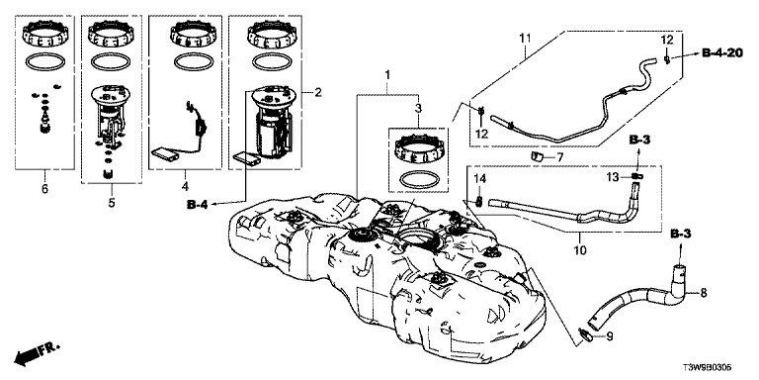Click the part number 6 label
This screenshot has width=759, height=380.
click(45, 189)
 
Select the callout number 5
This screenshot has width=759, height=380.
click(112, 203)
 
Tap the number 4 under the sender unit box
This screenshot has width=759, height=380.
click(185, 186)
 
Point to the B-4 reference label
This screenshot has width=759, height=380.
click(198, 205)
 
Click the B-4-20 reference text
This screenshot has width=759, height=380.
click(722, 53)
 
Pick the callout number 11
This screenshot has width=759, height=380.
click(526, 38)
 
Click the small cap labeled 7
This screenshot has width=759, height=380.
click(538, 156)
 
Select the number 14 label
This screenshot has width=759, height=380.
click(478, 179)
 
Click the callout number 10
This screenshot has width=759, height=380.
click(579, 250)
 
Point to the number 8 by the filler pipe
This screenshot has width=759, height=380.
click(704, 293)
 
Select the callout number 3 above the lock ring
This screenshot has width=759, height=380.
click(419, 107)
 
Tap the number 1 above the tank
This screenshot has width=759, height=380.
click(386, 75)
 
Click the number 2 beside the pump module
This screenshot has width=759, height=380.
click(318, 92)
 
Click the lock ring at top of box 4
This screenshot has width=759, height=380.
click(192, 35)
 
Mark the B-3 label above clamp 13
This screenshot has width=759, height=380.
click(640, 141)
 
